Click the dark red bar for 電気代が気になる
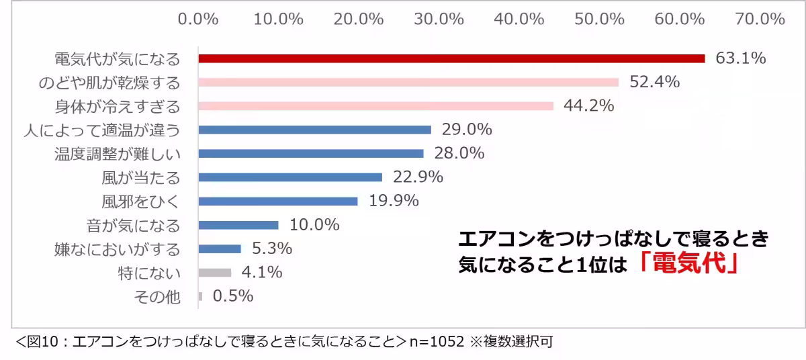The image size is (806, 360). tap(451, 58)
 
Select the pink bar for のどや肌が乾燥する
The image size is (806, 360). tap(408, 83)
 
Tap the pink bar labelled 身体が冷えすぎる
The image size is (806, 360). tap(375, 106)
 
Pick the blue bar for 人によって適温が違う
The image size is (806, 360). tap(314, 130)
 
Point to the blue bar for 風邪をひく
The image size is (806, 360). tap(278, 201)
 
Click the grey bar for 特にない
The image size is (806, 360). tap(215, 272)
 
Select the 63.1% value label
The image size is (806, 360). tap(740, 58)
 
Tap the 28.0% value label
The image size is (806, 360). tap(459, 153)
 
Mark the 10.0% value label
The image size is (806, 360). tap(314, 224)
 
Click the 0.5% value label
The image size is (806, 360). tap(232, 296)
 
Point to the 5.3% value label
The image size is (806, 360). tap(271, 249)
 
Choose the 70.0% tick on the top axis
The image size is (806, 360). tap(760, 19)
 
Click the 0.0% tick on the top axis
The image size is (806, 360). tap(198, 19)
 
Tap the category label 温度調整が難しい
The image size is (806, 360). tap(118, 154)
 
